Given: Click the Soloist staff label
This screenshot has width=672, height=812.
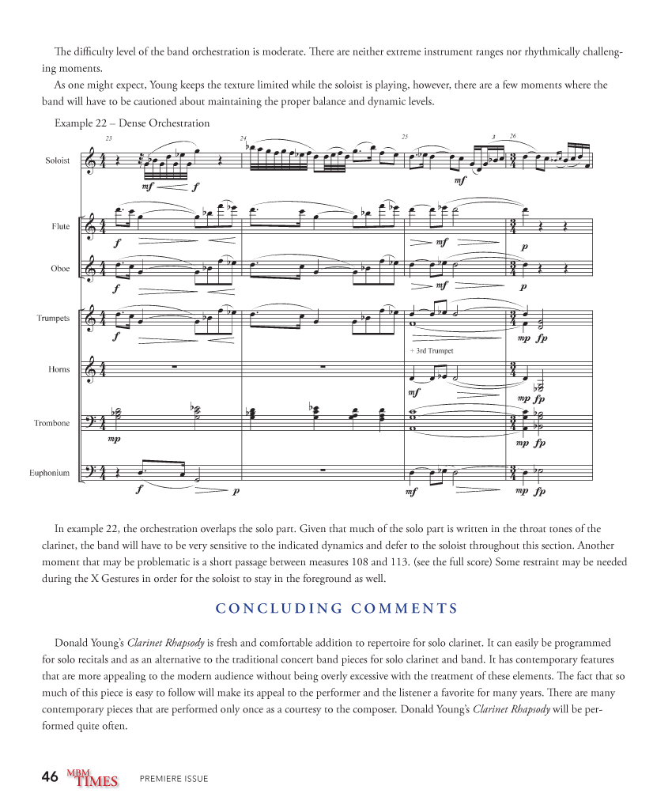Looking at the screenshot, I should [x=57, y=161].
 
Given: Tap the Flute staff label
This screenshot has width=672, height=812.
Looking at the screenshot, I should [x=61, y=227].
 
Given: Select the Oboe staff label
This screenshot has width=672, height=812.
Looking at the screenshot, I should [x=60, y=269].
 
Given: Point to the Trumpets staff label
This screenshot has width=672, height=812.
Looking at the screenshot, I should [x=53, y=319].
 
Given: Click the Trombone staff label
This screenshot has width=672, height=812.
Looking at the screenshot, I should [x=51, y=423].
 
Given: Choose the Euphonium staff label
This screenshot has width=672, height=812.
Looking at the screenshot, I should [x=50, y=473].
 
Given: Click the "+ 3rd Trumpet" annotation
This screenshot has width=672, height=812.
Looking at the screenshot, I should [x=432, y=350].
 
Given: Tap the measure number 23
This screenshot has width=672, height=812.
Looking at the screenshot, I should [x=108, y=138].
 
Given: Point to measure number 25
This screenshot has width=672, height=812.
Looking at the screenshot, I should [x=405, y=137].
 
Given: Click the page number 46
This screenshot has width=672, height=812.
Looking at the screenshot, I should [x=50, y=777].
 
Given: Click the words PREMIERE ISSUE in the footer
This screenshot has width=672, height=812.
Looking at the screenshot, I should [x=174, y=779].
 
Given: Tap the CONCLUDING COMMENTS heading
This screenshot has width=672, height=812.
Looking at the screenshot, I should [x=337, y=608].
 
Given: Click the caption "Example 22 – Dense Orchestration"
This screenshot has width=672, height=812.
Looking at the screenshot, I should [x=132, y=123].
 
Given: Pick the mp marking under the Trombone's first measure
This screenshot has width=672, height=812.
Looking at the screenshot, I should [x=115, y=439].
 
